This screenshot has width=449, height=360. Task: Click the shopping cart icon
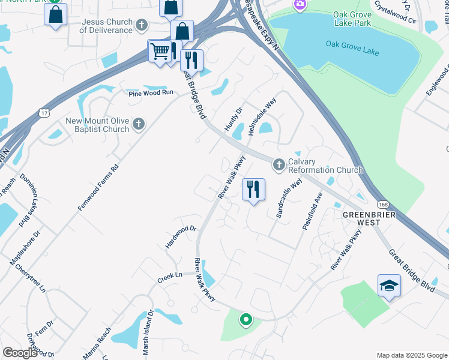159,52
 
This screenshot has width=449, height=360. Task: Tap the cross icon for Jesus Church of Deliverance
141,25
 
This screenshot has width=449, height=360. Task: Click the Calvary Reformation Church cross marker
279,164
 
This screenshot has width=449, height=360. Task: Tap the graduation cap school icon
389,286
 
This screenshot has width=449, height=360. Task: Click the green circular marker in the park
245,320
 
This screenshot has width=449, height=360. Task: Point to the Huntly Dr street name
233,117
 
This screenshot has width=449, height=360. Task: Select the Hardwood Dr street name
181,237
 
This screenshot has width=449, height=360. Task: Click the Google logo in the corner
20,353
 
